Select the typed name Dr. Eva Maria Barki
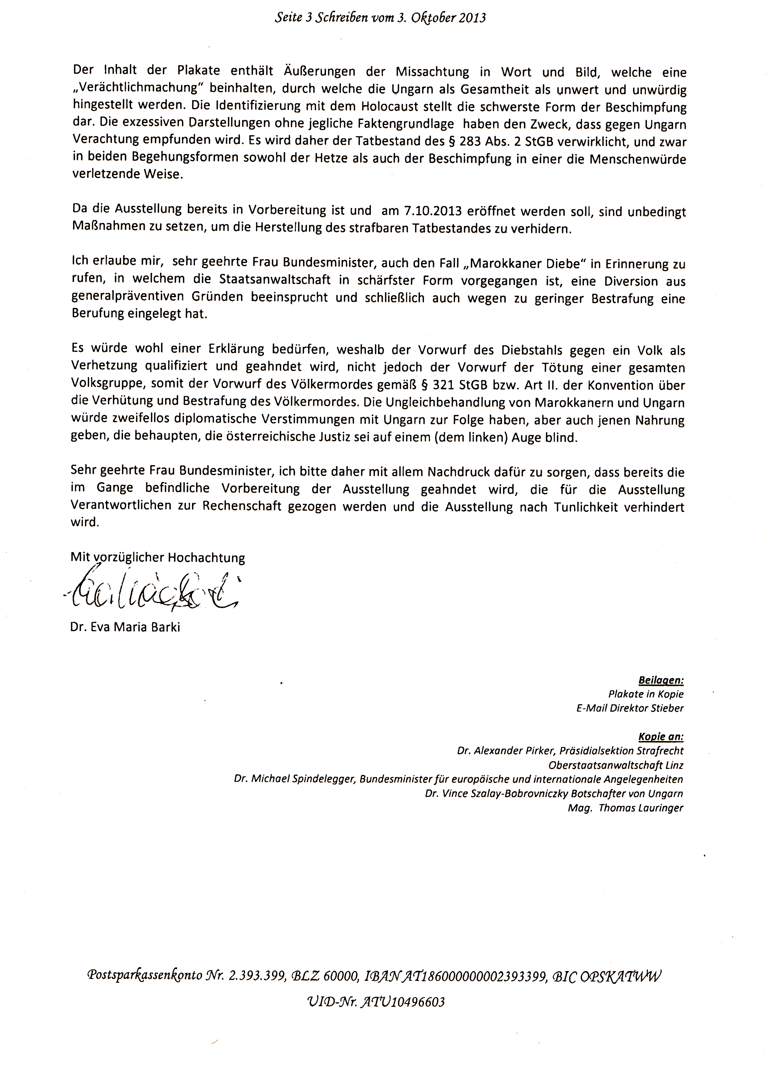click(x=125, y=627)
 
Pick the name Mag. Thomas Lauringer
click(x=625, y=808)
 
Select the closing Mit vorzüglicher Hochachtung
click(x=158, y=558)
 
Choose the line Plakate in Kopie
click(x=646, y=694)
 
